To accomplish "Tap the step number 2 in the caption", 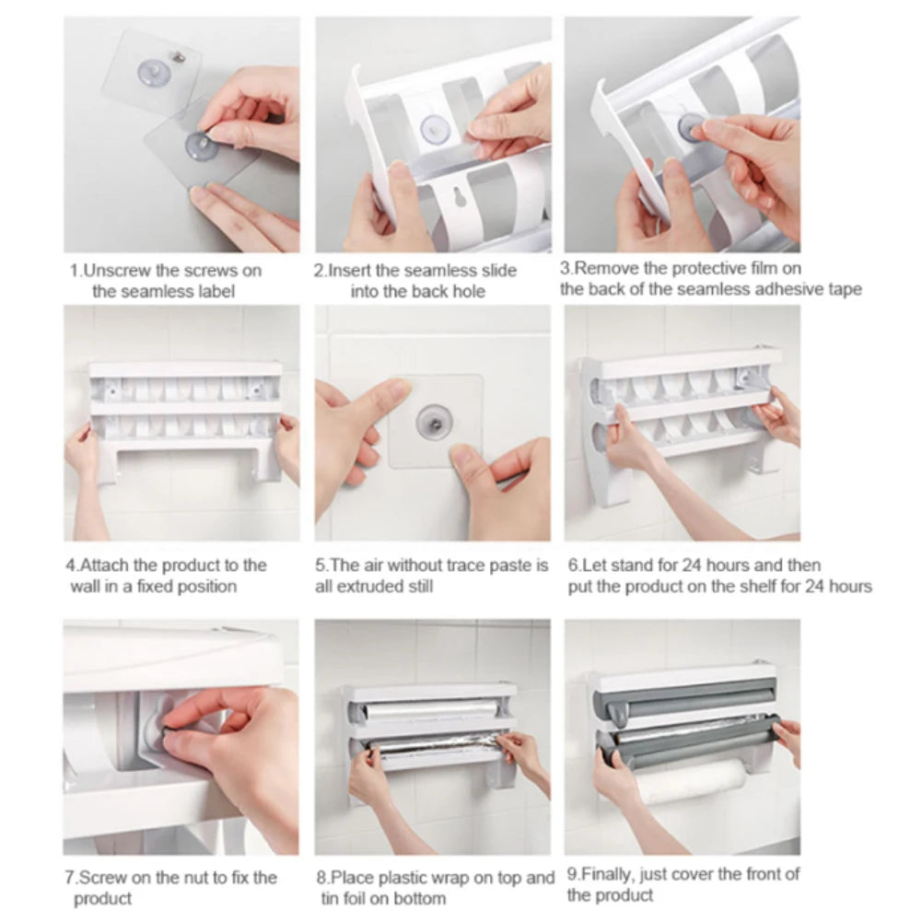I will (319, 271).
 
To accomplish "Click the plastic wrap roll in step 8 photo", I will (428, 709).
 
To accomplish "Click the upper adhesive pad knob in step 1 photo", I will (153, 70).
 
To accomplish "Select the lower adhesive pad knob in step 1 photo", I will (196, 143).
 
